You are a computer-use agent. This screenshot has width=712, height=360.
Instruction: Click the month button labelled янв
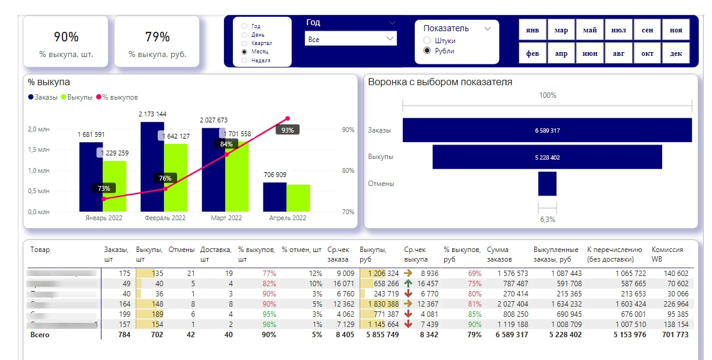(x=532, y=30)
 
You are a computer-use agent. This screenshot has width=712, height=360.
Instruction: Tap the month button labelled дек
(x=676, y=53)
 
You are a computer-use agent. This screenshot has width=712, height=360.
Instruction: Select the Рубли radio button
(x=427, y=51)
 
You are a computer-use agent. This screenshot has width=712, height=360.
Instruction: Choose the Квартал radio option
(x=244, y=43)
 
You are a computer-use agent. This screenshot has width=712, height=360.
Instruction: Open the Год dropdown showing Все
(x=351, y=39)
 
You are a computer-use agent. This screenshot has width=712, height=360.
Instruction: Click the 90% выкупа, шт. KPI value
(x=66, y=37)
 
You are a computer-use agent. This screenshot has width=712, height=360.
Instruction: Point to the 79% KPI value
(x=157, y=37)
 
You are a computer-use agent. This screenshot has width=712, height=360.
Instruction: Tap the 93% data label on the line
(x=288, y=130)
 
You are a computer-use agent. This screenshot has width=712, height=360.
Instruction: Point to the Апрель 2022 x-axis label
(x=288, y=218)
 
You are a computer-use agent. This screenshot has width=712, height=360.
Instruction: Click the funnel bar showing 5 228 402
(x=547, y=157)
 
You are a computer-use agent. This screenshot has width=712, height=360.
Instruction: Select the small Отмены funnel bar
(x=547, y=184)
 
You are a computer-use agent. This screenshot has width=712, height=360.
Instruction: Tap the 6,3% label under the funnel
(x=547, y=220)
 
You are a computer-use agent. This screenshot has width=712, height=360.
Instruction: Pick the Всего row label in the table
(x=40, y=335)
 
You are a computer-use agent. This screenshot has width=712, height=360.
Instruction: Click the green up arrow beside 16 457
(x=408, y=284)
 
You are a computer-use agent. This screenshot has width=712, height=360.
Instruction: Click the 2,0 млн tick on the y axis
(x=38, y=129)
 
